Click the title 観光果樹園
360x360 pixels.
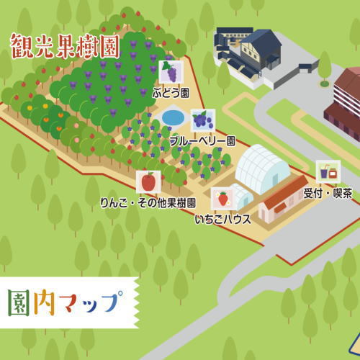pos(65,47)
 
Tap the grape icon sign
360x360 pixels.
pos(170,71)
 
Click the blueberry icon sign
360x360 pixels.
pos(202,120)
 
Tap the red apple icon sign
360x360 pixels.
pos(148,181)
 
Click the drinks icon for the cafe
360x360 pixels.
pos(328,172)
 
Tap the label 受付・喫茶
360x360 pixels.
pos(328,193)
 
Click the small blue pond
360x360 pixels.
pos(173,117)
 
